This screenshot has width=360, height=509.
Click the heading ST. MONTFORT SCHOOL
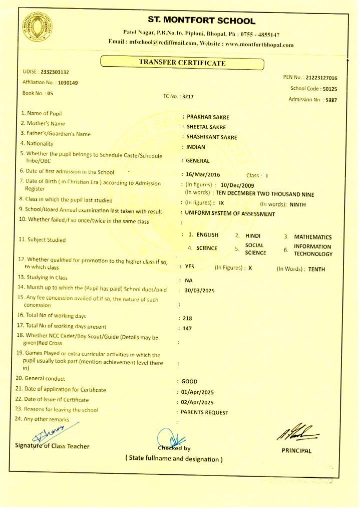coord(202,21)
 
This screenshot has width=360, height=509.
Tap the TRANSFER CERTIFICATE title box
coord(182,63)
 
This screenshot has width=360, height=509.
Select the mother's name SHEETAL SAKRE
coord(206,127)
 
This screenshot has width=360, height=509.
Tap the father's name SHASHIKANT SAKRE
coord(212,137)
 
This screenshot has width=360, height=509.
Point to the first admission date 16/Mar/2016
coord(207,175)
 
